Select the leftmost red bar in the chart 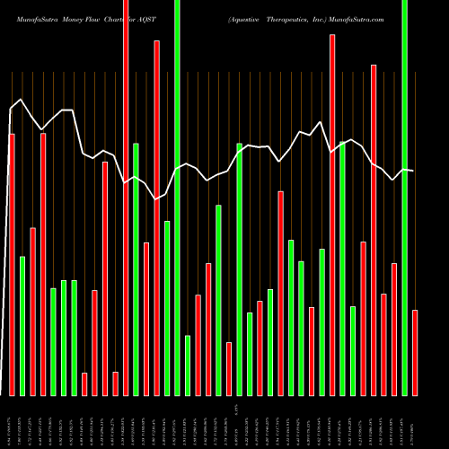(x=12, y=265)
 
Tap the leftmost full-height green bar (x=177, y=198)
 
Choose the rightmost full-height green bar (x=404, y=198)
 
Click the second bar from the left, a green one (x=22, y=326)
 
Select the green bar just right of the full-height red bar (x=136, y=269)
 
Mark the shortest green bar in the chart (x=188, y=365)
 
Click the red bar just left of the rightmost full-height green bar (x=394, y=329)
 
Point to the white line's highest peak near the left (x=21, y=100)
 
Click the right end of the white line (x=414, y=171)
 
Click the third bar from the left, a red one (x=32, y=312)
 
